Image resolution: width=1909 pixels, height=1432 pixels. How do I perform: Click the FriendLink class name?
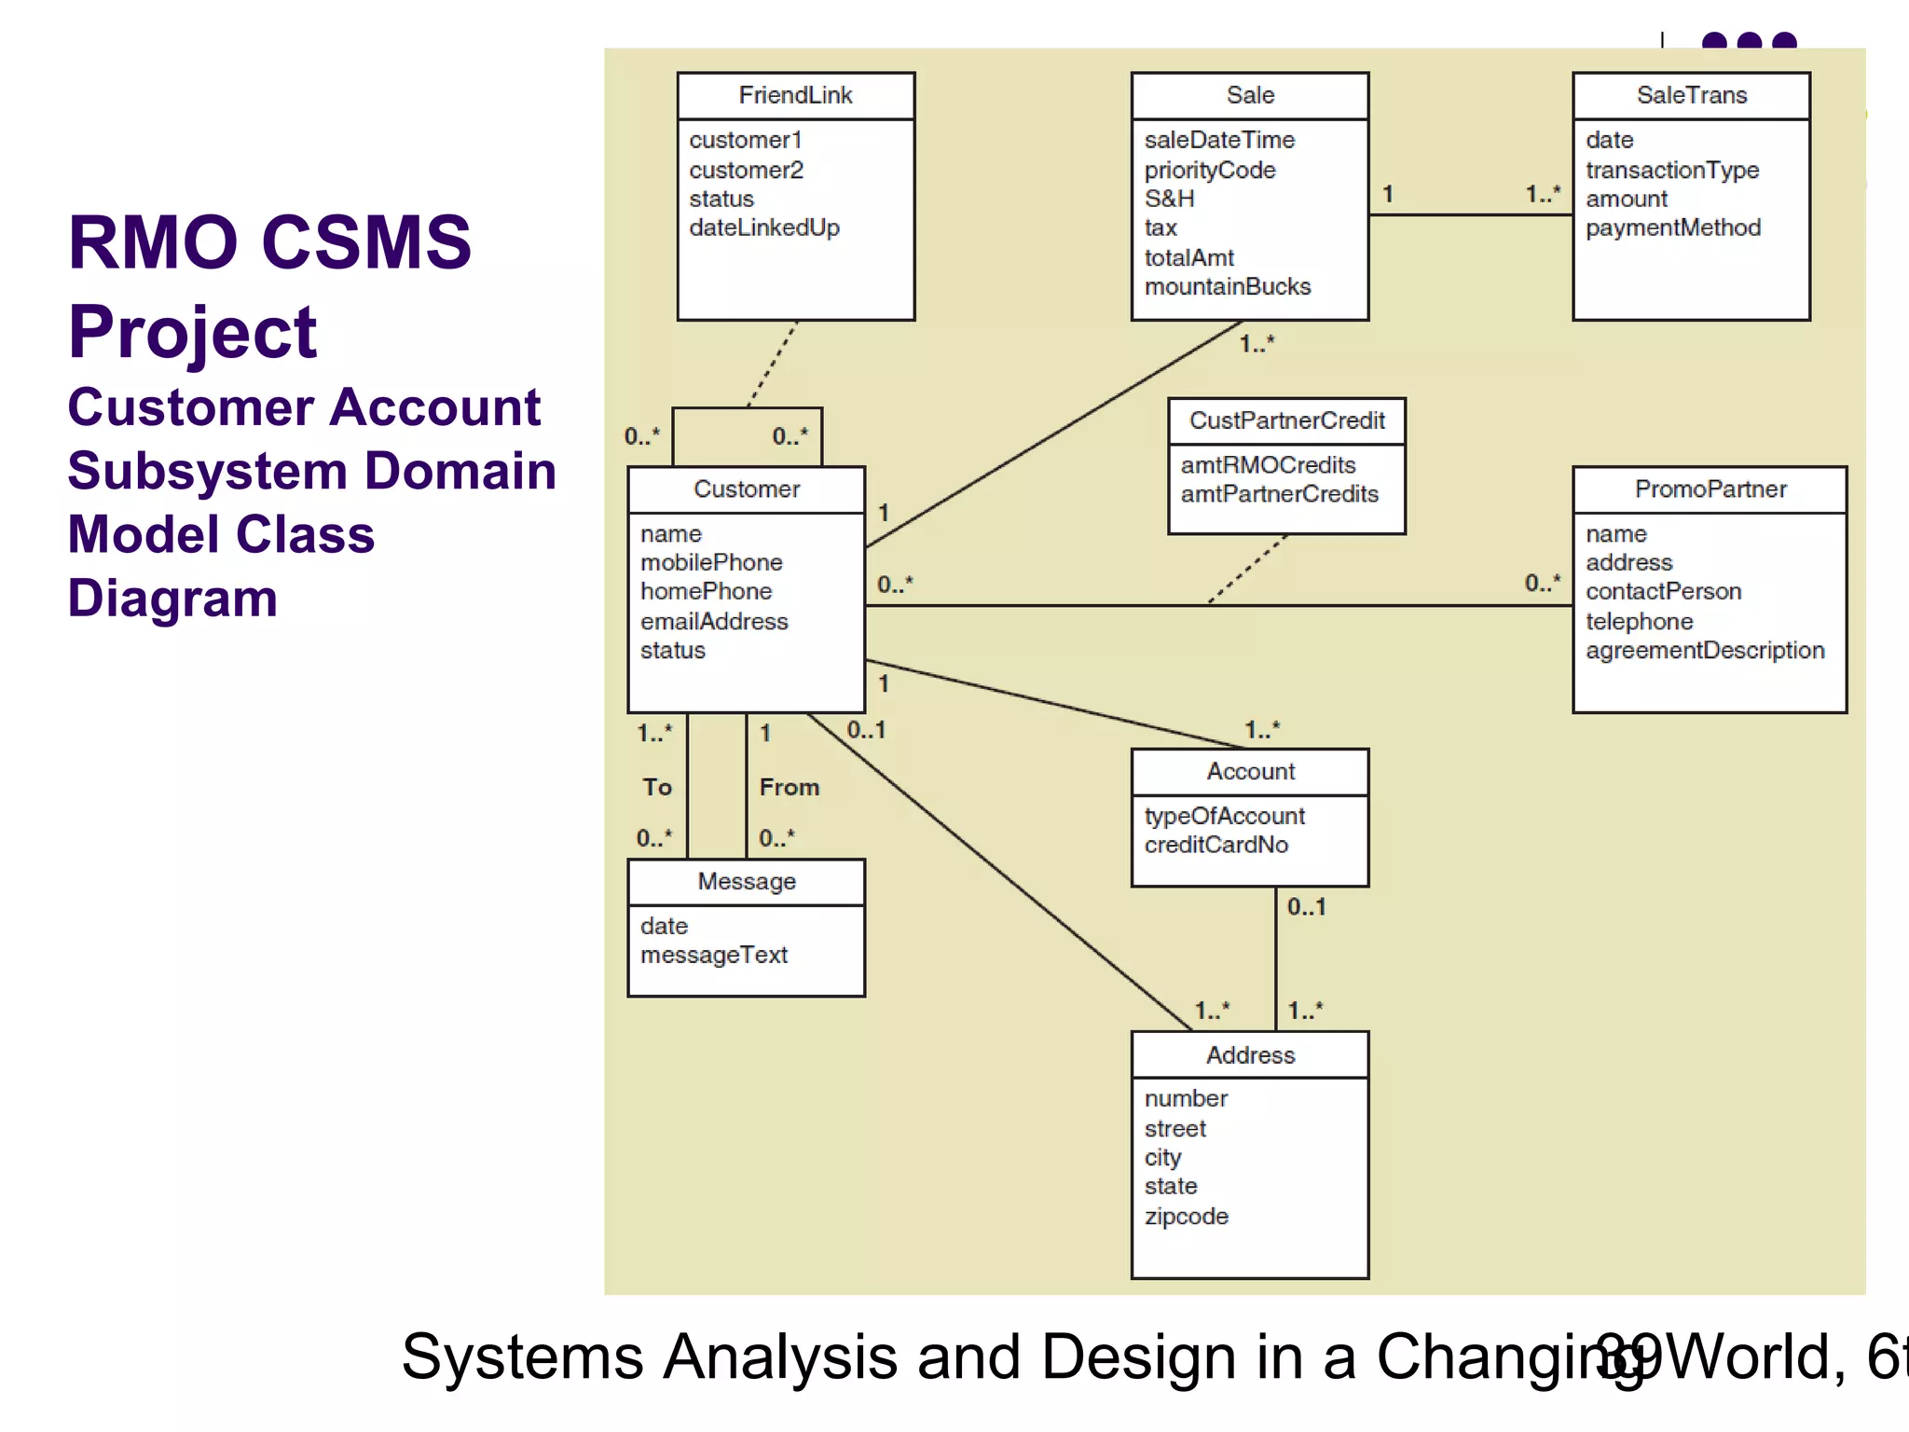pyautogui.click(x=795, y=95)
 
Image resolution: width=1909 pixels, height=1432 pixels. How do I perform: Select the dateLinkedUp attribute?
pyautogui.click(x=764, y=227)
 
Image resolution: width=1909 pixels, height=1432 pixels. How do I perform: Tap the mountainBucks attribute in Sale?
pyautogui.click(x=1227, y=286)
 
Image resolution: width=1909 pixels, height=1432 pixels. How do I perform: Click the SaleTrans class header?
pyautogui.click(x=1691, y=95)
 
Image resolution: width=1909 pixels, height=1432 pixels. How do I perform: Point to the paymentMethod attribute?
pyautogui.click(x=1672, y=227)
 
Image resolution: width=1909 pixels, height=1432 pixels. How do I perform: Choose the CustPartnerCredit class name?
pyautogui.click(x=1286, y=420)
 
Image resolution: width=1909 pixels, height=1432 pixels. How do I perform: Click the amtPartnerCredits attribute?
pyautogui.click(x=1279, y=494)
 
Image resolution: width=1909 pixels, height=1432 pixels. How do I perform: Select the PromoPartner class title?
pyautogui.click(x=1710, y=489)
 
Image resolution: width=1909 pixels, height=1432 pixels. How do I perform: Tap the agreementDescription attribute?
pyautogui.click(x=1704, y=650)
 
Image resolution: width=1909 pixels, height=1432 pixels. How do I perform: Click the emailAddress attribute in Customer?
pyautogui.click(x=714, y=621)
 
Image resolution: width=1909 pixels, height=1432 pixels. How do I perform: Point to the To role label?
pyautogui.click(x=657, y=787)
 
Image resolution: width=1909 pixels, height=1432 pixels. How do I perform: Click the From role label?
pyautogui.click(x=789, y=787)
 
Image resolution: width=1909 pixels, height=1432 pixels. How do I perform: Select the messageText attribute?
pyautogui.click(x=714, y=955)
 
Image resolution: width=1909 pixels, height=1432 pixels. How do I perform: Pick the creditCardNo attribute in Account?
pyautogui.click(x=1215, y=845)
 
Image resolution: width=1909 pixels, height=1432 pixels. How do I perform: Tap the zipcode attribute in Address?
pyautogui.click(x=1186, y=1216)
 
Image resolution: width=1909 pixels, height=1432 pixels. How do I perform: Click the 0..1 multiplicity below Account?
pyautogui.click(x=1306, y=906)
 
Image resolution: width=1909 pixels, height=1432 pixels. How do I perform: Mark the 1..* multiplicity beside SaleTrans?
pyautogui.click(x=1542, y=194)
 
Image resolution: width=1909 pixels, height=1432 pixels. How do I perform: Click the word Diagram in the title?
pyautogui.click(x=172, y=598)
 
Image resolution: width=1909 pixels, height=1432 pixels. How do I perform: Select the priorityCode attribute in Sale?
pyautogui.click(x=1209, y=170)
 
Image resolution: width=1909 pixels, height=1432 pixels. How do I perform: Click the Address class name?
pyautogui.click(x=1250, y=1055)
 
